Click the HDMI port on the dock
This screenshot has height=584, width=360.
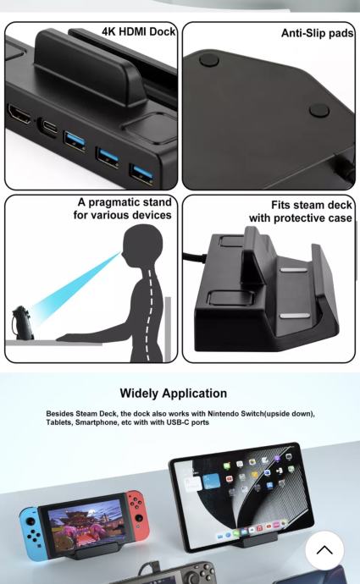(19, 114)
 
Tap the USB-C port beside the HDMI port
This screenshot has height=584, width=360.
(49, 127)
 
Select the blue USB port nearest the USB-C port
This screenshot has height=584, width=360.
(75, 140)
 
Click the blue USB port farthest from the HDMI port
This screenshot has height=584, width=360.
(141, 174)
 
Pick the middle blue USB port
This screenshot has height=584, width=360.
(108, 157)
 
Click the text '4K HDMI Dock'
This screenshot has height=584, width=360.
(138, 31)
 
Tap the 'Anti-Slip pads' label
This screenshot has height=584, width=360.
(317, 33)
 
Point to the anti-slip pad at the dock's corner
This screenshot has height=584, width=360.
(209, 60)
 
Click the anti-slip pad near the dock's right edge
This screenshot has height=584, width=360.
(319, 110)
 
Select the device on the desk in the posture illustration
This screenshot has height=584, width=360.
(22, 322)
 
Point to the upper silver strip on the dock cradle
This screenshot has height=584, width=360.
(294, 270)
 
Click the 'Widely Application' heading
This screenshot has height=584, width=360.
(174, 394)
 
